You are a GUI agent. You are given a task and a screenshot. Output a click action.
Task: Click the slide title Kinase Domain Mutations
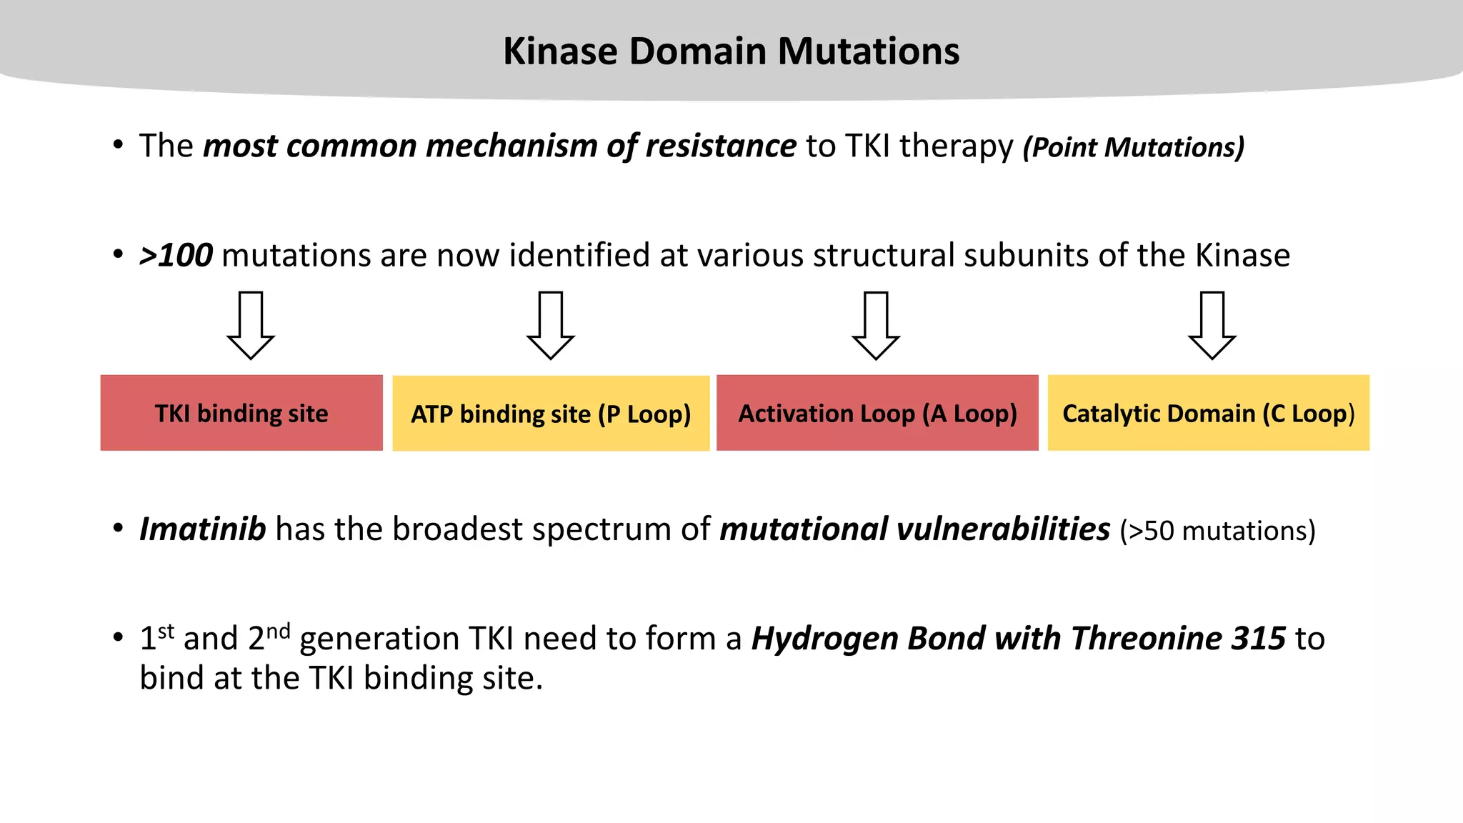pos(731,51)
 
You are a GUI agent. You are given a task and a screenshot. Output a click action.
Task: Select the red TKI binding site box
pos(241,413)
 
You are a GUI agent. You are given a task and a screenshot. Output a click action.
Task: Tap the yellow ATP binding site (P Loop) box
pos(551,414)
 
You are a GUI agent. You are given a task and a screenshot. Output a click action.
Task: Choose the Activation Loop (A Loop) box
pos(877,413)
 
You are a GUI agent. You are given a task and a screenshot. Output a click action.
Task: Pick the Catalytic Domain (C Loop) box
pos(1208,413)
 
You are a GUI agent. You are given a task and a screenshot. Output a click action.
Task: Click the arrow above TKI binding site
pos(251,325)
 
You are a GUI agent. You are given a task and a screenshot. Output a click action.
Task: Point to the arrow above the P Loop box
pos(551,325)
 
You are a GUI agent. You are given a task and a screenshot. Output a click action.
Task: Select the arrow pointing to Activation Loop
pos(876,325)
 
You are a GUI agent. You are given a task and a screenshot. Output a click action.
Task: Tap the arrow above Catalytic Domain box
pos(1212,325)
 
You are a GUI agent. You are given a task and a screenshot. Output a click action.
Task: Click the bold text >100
pos(176,256)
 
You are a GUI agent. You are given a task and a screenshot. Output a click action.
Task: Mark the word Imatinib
pos(203,529)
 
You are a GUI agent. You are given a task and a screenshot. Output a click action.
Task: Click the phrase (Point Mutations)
pos(1134,147)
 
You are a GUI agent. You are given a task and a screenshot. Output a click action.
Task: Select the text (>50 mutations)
pos(1217,531)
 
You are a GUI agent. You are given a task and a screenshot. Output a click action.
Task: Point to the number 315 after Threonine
pos(1259,639)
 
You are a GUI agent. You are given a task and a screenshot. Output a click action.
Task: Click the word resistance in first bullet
pos(721,146)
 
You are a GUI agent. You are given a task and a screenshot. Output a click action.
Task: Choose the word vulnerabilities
pos(1003,529)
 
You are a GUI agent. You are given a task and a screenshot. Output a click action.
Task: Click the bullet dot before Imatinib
pos(119,529)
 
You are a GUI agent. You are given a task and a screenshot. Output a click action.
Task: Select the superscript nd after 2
pos(278,631)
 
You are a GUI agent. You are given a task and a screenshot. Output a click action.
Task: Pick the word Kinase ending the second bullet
pos(1242,256)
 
